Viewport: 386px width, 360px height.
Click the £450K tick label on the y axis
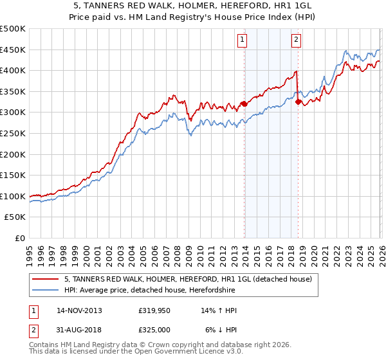[13, 50]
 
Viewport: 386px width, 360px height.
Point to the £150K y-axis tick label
[13, 175]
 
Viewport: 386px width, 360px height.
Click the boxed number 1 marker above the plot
[243, 40]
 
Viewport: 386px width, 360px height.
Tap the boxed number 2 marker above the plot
[296, 40]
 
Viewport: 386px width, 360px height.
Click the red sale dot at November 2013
[244, 104]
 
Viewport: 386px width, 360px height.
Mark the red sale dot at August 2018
[298, 102]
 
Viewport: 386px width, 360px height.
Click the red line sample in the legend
[46, 279]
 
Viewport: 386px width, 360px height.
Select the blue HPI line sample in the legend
[46, 290]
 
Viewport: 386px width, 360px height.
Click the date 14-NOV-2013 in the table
[79, 310]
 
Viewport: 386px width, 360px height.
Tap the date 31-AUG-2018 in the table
[79, 330]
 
